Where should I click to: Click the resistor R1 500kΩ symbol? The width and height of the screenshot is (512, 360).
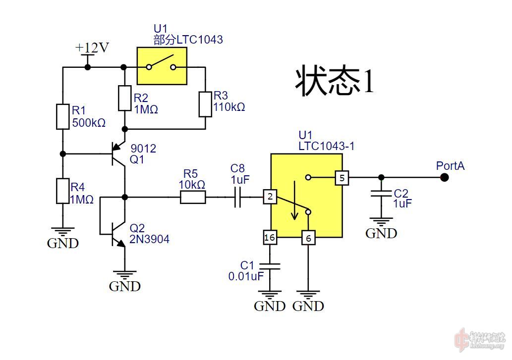point(62,116)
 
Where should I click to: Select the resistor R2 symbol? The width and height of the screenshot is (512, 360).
point(124,98)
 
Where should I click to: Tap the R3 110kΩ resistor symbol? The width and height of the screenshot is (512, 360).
point(205,103)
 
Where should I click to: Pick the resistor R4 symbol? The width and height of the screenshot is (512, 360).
point(62,191)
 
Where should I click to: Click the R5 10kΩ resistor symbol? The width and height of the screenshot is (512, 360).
point(192,197)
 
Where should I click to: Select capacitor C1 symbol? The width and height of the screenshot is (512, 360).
point(270,266)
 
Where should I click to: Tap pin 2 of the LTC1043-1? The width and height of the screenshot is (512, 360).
point(270,197)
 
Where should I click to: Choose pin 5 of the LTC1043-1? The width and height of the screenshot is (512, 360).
point(341,177)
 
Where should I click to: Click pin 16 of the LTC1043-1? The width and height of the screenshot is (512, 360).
point(270,238)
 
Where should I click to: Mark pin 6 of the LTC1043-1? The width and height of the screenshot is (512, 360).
point(308,238)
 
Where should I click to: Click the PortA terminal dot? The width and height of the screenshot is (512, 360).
point(445,177)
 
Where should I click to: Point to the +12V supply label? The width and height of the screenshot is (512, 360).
point(92,48)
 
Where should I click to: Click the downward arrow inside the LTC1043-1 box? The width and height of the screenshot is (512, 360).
point(295,201)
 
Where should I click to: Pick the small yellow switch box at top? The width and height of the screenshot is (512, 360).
point(162,67)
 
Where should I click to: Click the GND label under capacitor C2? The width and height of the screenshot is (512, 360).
point(381,233)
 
